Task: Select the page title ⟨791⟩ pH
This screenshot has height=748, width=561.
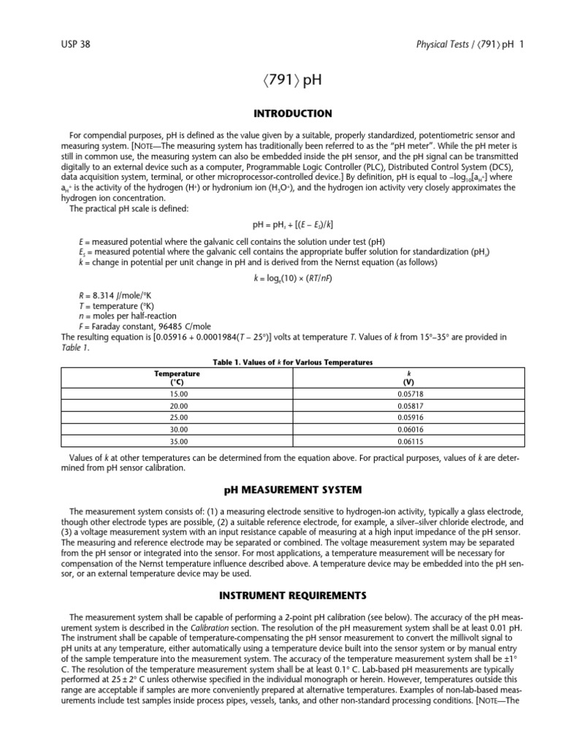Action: (x=280, y=80)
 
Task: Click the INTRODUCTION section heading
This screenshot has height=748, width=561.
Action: (x=280, y=113)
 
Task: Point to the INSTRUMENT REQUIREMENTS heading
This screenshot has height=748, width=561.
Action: (x=280, y=595)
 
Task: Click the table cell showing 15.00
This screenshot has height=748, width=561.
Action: (x=178, y=393)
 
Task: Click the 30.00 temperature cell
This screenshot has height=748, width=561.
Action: (x=178, y=430)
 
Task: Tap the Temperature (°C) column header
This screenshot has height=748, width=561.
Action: (x=178, y=377)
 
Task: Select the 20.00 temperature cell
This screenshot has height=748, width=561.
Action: (x=178, y=405)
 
